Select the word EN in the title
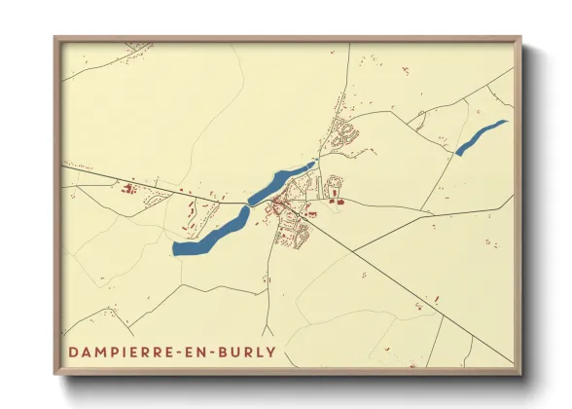point(199,352)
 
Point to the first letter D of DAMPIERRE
point(73,352)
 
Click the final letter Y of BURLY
point(270,352)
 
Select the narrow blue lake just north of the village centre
point(280,182)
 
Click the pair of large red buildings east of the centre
point(337,202)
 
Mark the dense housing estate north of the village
point(343,134)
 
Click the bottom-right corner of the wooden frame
point(518,372)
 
